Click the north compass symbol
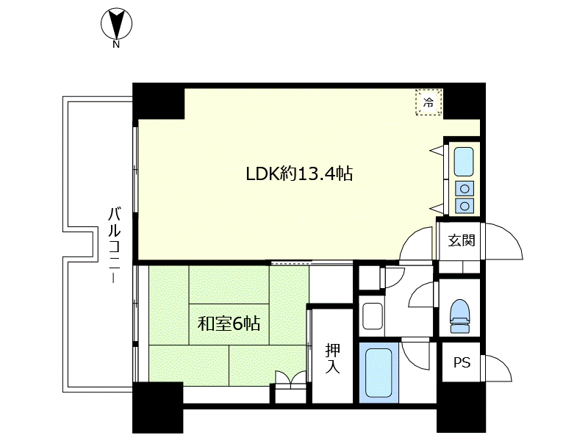(x=116, y=24)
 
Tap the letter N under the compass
(x=116, y=45)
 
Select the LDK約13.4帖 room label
(x=299, y=173)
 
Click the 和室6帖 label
(x=229, y=323)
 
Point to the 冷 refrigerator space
(x=429, y=102)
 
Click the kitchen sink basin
(x=464, y=162)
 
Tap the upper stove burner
(x=465, y=189)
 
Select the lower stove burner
(x=465, y=206)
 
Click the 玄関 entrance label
(x=462, y=240)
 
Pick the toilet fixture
(x=460, y=315)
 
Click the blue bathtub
(x=379, y=373)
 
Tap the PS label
(x=462, y=362)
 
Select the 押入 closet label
(x=333, y=358)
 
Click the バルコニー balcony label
(x=115, y=245)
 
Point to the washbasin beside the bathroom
(x=372, y=316)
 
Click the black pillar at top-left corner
(x=159, y=101)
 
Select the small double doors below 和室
(x=290, y=378)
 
